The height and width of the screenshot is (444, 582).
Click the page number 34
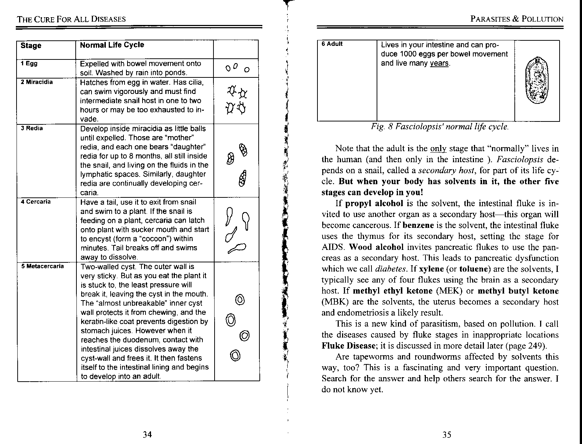[x=147, y=434]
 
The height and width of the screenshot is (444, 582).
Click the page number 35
[x=446, y=434]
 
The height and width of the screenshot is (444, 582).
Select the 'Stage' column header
[x=31, y=46]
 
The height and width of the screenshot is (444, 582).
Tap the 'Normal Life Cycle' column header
[x=112, y=45]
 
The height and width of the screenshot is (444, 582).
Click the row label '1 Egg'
[x=29, y=63]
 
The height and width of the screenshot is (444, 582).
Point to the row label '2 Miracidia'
[x=37, y=82]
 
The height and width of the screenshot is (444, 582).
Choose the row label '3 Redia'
[x=32, y=128]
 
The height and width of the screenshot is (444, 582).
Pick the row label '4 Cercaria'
[x=36, y=201]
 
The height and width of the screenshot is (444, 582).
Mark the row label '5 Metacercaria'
[x=42, y=266]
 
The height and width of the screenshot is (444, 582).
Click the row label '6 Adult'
[x=332, y=44]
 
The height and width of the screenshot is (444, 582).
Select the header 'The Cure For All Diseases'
[x=71, y=19]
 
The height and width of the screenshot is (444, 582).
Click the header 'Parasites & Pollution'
[x=517, y=19]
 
